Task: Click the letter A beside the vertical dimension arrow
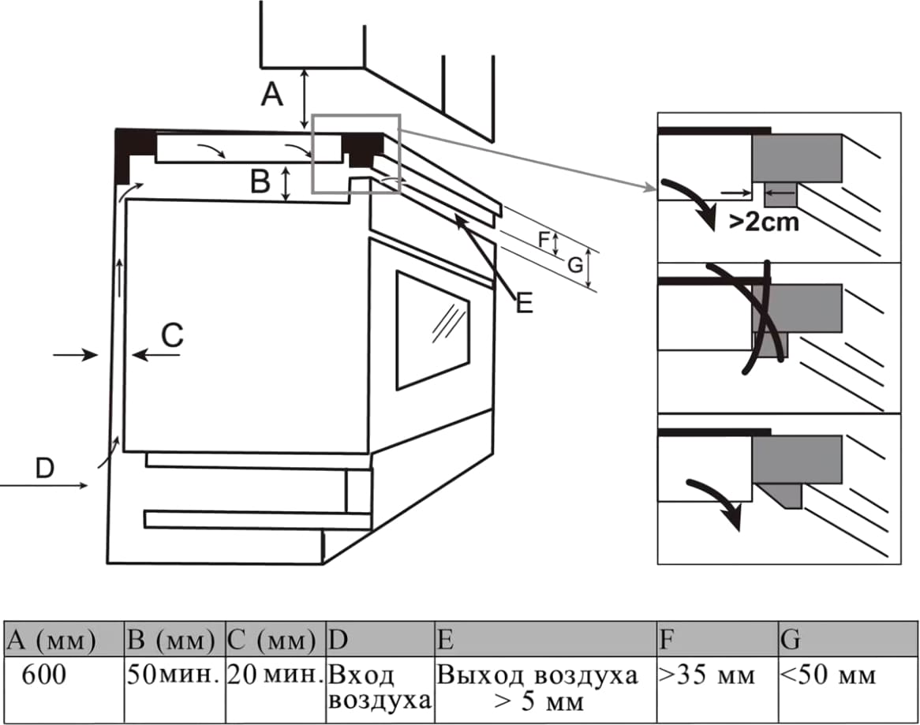pos(272,95)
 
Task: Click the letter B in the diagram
pos(260,182)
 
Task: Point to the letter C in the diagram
pos(172,337)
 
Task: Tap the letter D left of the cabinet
pos(45,469)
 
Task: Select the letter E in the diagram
pos(525,302)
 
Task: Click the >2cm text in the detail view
pos(763,222)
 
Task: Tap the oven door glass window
pos(432,331)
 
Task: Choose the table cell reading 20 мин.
pos(275,676)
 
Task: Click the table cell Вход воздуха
pos(380,688)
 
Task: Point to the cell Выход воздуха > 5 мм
pos(544,688)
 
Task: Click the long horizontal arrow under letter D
pos(44,486)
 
